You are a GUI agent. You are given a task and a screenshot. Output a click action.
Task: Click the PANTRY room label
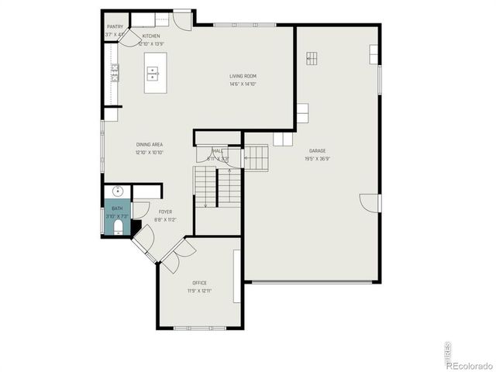tap(115, 27)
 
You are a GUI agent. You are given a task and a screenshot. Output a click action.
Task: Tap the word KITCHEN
tap(151, 36)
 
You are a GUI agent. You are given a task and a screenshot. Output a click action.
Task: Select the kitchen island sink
tap(153, 74)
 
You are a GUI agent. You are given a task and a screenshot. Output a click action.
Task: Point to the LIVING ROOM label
tap(242, 76)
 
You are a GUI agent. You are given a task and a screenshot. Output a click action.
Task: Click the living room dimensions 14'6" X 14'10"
tap(242, 84)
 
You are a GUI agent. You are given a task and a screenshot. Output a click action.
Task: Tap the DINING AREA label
tap(149, 145)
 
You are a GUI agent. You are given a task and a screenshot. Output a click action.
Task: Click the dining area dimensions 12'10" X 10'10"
tap(149, 153)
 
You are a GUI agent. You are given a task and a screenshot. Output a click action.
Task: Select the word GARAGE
tap(317, 150)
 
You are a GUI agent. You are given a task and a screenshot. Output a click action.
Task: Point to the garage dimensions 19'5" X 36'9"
tap(317, 159)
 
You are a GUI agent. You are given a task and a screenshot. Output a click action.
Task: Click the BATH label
tap(117, 208)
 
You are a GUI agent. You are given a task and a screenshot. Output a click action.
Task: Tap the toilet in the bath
tap(119, 226)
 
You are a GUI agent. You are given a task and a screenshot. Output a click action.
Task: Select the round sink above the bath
tap(119, 191)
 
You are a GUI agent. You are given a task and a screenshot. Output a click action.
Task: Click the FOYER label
tap(165, 212)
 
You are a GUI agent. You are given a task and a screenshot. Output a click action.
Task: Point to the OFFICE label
tap(199, 283)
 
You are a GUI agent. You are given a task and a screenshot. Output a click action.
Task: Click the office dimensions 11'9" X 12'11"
tap(199, 291)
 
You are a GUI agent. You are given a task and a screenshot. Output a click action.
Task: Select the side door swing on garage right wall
tap(371, 203)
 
